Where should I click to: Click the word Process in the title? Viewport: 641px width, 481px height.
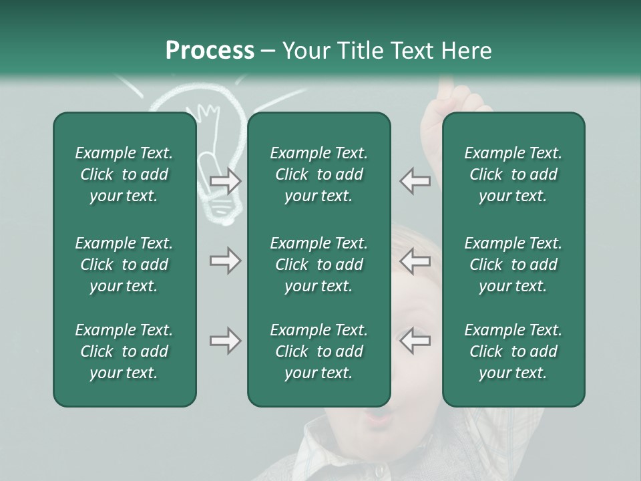pyautogui.click(x=210, y=51)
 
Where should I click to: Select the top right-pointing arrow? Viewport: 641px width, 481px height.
pyautogui.click(x=226, y=180)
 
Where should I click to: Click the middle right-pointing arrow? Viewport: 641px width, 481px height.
pyautogui.click(x=226, y=261)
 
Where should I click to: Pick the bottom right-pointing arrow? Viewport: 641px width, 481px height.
pyautogui.click(x=226, y=341)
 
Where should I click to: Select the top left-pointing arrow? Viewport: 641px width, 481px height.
pyautogui.click(x=415, y=180)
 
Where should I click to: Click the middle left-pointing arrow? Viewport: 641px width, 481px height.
pyautogui.click(x=415, y=261)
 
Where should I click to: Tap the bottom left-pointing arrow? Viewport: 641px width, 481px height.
pyautogui.click(x=415, y=341)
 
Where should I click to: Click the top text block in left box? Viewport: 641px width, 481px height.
pyautogui.click(x=124, y=174)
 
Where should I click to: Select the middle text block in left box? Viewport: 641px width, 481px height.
pyautogui.click(x=124, y=265)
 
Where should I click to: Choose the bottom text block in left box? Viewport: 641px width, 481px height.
pyautogui.click(x=124, y=351)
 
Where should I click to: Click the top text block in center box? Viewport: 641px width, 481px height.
pyautogui.click(x=318, y=174)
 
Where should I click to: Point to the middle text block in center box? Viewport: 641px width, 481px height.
pyautogui.click(x=318, y=265)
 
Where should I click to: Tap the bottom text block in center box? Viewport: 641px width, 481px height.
pyautogui.click(x=318, y=351)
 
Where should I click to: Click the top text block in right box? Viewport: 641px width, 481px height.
pyautogui.click(x=513, y=174)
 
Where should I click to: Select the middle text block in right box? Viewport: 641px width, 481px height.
pyautogui.click(x=513, y=265)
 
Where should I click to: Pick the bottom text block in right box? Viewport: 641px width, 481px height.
pyautogui.click(x=513, y=351)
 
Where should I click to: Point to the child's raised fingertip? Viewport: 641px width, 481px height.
pyautogui.click(x=445, y=86)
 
